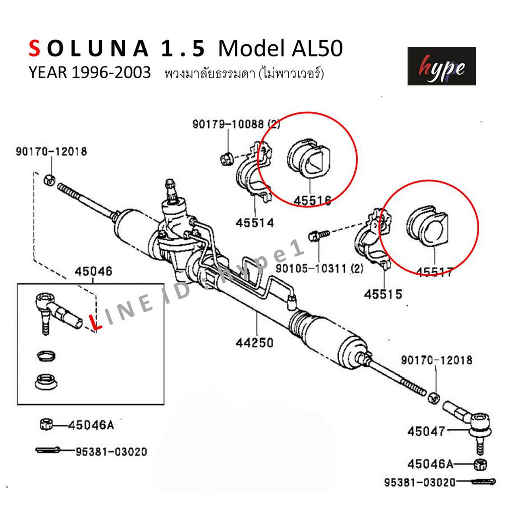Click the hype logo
coord(441,66)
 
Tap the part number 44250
coord(254,343)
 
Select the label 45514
coord(254,223)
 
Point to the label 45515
coord(383,294)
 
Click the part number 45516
coord(312,200)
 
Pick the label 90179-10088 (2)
coord(236,124)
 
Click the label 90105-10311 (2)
coord(319,269)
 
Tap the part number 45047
coord(426,431)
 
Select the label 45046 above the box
coord(93,271)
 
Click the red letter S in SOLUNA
coord(35,48)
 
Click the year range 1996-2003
coord(111,73)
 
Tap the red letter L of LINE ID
coord(95,322)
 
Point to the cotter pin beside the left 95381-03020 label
coord(48,449)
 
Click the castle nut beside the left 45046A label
coord(46,424)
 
